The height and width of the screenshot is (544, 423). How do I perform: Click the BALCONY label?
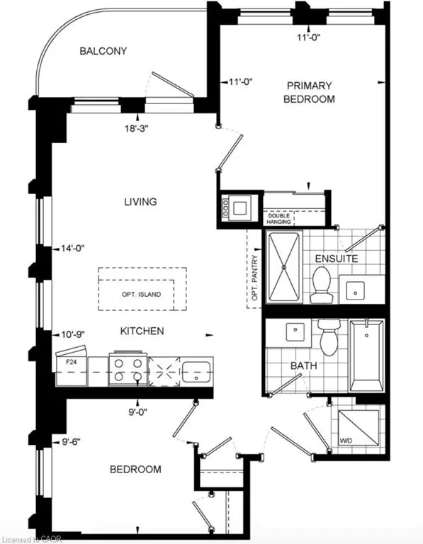(103, 51)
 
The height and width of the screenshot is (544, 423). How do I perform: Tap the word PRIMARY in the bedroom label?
(309, 85)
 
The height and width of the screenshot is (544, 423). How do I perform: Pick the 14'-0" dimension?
(72, 248)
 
